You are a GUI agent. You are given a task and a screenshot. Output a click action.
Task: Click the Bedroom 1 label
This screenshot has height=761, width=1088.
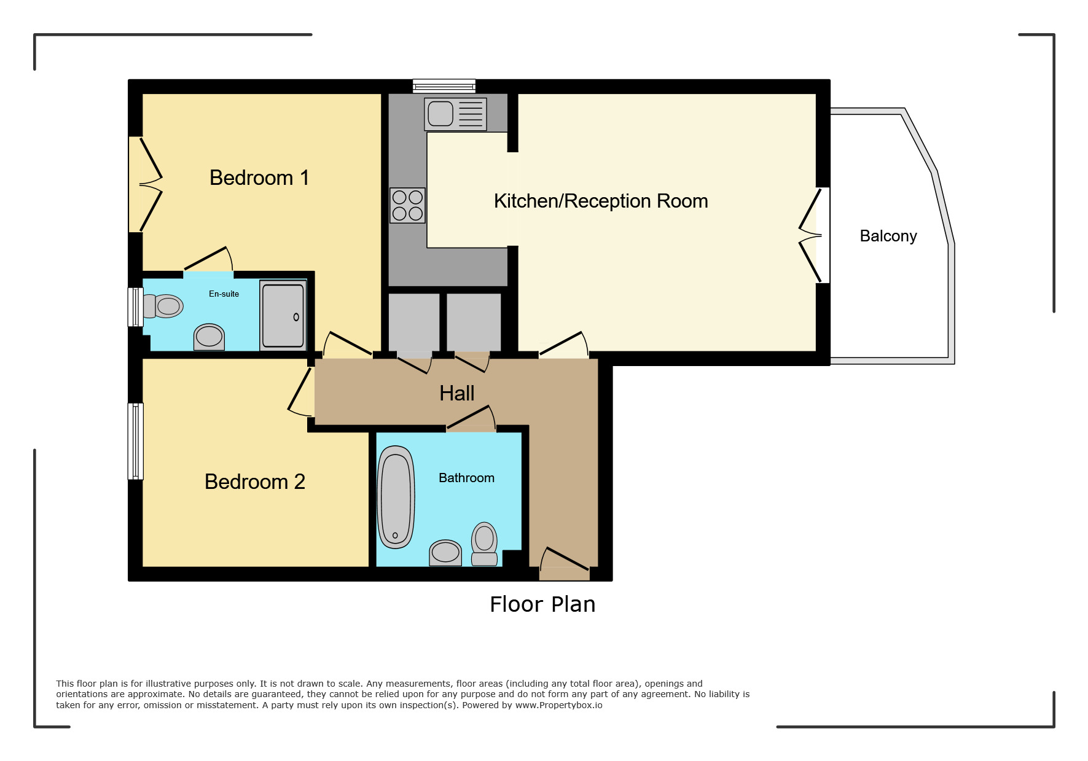click(259, 178)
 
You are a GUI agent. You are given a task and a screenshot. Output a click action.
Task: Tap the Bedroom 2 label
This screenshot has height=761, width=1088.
click(255, 482)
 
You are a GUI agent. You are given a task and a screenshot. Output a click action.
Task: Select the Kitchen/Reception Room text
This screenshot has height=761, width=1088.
click(601, 201)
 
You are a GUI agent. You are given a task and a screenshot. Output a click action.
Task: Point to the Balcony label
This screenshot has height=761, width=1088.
click(888, 236)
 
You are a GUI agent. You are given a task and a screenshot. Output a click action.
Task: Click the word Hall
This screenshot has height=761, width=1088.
click(457, 393)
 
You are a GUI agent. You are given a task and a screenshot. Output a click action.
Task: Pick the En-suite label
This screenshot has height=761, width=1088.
click(224, 294)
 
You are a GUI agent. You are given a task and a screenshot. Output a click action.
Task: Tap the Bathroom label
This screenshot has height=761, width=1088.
click(466, 478)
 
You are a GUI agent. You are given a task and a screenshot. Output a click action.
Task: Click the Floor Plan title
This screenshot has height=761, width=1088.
click(542, 604)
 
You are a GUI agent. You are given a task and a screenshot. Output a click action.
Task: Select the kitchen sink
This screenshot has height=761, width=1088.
click(455, 114)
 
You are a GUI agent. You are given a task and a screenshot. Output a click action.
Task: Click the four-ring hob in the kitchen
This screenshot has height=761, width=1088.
click(407, 205)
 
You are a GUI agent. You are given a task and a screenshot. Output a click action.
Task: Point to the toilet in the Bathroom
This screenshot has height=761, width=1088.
click(484, 544)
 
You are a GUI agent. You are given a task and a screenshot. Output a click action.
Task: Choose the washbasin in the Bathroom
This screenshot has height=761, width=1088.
click(445, 553)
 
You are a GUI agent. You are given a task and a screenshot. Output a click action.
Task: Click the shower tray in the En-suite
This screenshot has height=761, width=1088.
click(283, 315)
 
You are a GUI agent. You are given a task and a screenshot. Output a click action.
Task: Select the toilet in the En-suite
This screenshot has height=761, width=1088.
click(163, 306)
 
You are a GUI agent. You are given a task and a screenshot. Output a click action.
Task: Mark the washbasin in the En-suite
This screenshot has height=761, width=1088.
click(209, 337)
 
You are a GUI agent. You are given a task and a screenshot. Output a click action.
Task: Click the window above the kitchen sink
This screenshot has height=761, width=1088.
click(444, 86)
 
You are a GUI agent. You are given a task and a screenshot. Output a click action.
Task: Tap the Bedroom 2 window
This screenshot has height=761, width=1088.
click(135, 441)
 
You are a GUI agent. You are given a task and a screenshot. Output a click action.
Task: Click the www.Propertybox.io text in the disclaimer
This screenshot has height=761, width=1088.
click(558, 705)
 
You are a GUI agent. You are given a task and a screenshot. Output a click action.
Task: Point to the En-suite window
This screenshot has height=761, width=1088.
click(135, 306)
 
